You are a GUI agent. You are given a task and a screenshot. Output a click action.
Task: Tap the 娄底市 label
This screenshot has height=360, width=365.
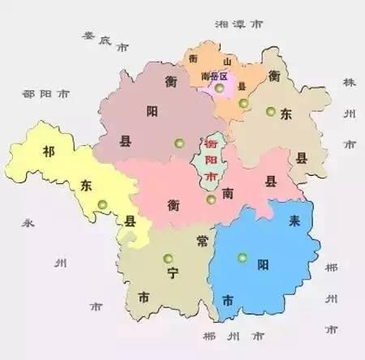tap(102, 41)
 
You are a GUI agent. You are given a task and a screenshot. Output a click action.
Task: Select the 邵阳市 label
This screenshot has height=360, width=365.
tap(45, 94)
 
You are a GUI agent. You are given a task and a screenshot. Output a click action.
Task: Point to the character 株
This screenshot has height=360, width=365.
tap(350, 84)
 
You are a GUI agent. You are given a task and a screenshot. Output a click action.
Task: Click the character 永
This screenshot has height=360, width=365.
tap(28, 221)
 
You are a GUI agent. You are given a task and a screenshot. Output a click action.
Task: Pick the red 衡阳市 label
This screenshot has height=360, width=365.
tap(211, 160)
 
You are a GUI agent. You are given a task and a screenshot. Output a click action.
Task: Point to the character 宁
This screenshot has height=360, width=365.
tap(171, 274)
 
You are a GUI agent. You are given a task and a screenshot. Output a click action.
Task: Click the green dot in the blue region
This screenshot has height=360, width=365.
tap(242, 259)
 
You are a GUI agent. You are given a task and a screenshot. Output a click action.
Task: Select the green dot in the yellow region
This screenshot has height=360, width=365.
tap(101, 205)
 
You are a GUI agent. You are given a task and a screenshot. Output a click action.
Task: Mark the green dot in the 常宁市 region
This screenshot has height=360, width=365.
tap(168, 259)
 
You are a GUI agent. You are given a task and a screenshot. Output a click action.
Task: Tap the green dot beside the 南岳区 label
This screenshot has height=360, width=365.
tap(219, 88)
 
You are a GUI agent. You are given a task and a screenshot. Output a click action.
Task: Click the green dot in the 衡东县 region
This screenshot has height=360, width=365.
tap(270, 112)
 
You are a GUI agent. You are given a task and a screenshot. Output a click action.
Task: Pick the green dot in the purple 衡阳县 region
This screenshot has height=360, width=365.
tap(178, 144)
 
